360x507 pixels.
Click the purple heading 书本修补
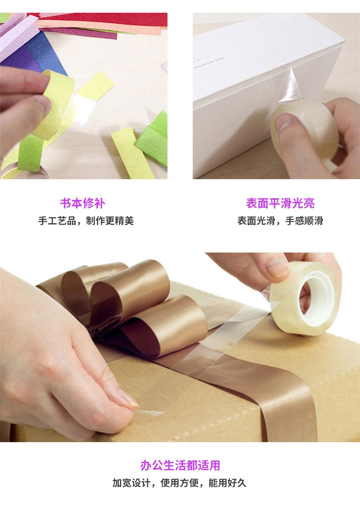(83, 203)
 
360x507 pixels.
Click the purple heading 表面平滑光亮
(280, 203)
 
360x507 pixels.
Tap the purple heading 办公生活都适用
(180, 465)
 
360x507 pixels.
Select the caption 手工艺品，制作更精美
(86, 221)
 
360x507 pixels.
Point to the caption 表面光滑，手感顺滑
(280, 221)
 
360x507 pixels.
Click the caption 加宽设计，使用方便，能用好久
(180, 483)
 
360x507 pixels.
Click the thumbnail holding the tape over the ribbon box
(277, 267)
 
